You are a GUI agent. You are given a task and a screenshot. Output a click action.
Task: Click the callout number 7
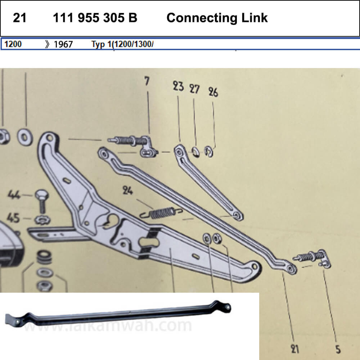coord(147,81)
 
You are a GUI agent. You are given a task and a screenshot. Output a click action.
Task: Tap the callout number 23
coord(178,86)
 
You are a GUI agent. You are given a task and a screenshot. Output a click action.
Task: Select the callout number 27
coord(194,89)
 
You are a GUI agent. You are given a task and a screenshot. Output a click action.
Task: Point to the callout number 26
coord(213,92)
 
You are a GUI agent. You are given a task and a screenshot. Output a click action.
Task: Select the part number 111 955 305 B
coord(95,18)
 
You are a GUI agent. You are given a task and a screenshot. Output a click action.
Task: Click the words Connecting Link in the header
coord(217,18)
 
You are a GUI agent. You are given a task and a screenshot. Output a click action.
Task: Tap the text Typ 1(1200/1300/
coord(122,44)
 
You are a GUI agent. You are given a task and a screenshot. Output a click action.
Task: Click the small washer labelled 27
coord(195,152)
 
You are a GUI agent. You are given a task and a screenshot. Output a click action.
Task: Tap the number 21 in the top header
coord(19,18)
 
